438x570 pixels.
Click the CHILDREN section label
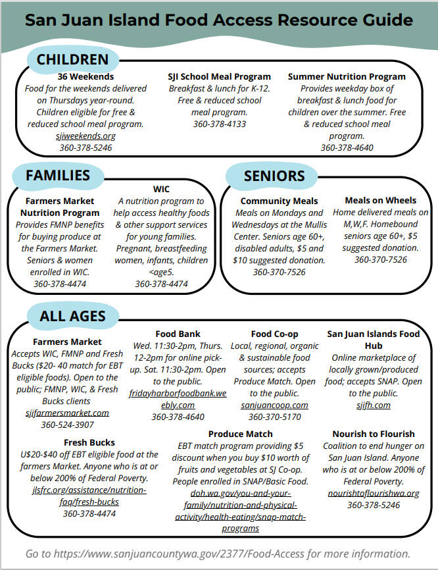(72, 60)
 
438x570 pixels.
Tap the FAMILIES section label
(58, 175)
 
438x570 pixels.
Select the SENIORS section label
(274, 176)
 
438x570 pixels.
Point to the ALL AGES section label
(72, 316)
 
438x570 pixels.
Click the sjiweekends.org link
(85, 136)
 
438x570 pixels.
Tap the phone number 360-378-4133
(219, 124)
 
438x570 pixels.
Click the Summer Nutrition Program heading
(347, 76)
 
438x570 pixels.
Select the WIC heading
(161, 189)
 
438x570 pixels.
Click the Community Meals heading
(279, 201)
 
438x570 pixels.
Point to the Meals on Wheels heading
(380, 200)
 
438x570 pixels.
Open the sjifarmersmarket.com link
(68, 413)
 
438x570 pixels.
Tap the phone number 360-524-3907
(68, 425)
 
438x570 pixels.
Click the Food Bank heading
(178, 334)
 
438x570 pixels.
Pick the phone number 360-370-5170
(274, 417)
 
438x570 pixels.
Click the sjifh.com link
(374, 405)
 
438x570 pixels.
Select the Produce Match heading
(240, 434)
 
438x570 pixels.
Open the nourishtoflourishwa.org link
(374, 493)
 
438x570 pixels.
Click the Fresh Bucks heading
(89, 442)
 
